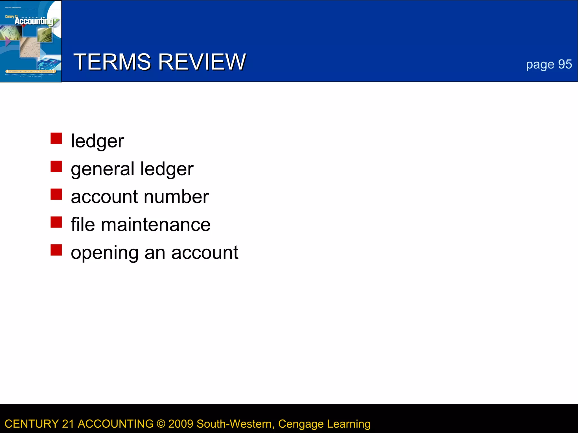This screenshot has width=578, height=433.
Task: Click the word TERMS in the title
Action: tap(112, 62)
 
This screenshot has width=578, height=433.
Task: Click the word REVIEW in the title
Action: tap(202, 62)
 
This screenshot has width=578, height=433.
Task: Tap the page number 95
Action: tap(565, 65)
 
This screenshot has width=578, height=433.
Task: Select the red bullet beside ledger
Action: tap(56, 138)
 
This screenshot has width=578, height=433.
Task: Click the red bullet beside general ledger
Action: tap(56, 166)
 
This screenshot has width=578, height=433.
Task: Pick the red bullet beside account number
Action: tap(56, 194)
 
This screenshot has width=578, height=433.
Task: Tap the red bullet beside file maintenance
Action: tap(56, 222)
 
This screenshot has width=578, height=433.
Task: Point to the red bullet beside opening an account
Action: tap(56, 250)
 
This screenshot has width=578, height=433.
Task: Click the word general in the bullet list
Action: tap(102, 169)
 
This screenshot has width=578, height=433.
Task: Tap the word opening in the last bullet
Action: tap(104, 253)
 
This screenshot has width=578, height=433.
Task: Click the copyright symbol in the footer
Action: tap(161, 424)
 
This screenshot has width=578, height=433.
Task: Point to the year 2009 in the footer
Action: tap(181, 424)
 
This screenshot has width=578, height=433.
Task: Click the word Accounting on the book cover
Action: tap(34, 21)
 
